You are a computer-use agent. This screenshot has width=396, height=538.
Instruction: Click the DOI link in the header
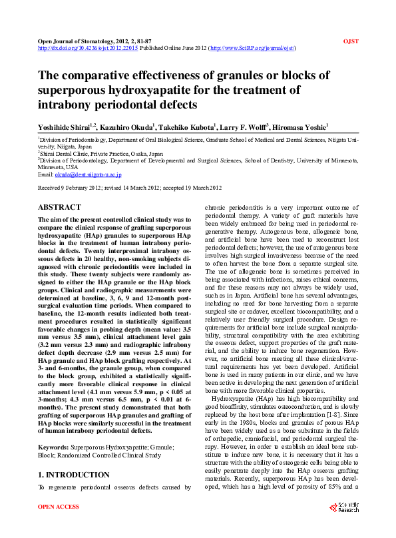[x=88, y=49]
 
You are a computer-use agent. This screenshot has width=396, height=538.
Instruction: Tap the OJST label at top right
[x=350, y=41]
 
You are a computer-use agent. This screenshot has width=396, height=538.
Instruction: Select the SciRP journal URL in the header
[x=253, y=49]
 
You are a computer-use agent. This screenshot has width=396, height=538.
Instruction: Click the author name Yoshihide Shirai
[x=65, y=127]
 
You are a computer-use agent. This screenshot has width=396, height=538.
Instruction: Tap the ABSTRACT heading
[x=59, y=208]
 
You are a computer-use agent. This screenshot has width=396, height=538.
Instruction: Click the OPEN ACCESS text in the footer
[x=59, y=525]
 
